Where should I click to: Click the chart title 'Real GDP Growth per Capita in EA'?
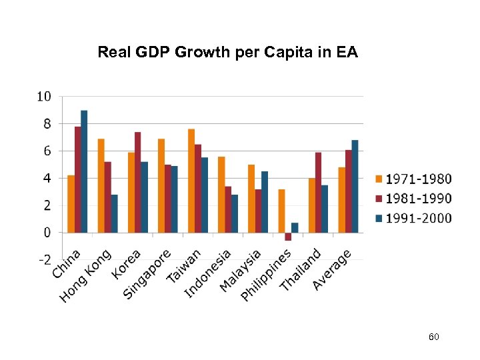227,52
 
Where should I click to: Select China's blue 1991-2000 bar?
84,171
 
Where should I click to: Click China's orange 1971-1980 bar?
71,204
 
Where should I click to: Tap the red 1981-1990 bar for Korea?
137,182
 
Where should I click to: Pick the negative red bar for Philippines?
288,237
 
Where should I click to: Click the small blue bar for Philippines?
295,228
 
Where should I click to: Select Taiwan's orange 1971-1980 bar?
191,181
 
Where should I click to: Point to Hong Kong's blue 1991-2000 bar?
114,213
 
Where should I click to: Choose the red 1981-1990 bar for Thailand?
318,193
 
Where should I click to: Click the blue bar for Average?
355,186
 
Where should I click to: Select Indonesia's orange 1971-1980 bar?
221,195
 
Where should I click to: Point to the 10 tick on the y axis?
43,97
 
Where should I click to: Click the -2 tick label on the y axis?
43,260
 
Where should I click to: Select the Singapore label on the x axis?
148,274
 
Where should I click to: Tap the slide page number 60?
433,338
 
